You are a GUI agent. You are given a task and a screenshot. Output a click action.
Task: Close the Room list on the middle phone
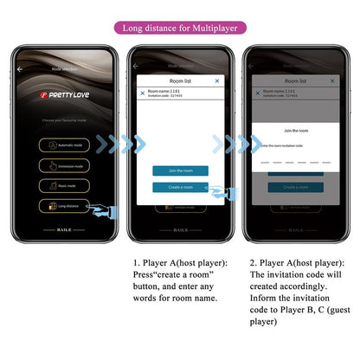coord(217,80)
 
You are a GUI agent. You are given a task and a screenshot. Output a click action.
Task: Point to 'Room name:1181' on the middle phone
coord(164,90)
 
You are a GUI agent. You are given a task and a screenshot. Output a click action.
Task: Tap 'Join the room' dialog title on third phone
coord(295,130)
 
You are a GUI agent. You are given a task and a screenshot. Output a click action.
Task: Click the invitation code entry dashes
coord(295,161)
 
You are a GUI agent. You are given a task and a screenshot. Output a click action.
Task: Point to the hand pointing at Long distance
coord(106,210)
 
